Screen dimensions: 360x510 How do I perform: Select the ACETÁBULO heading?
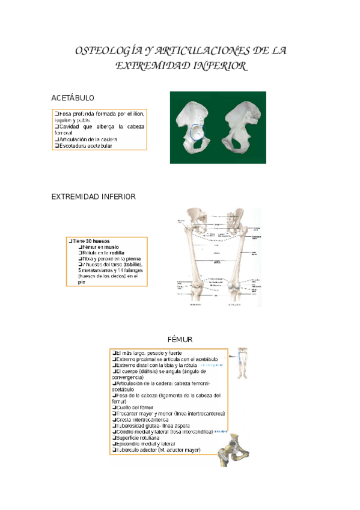click(x=73, y=97)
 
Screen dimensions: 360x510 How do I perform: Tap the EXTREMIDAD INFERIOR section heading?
click(x=93, y=197)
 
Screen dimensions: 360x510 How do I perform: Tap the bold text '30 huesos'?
click(x=97, y=241)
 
